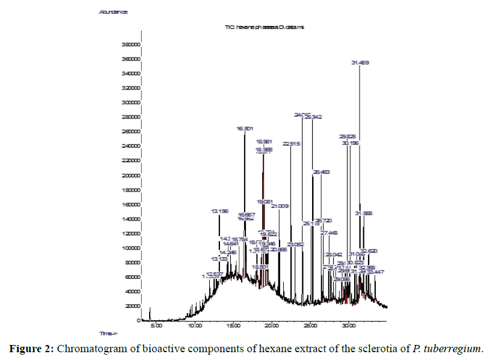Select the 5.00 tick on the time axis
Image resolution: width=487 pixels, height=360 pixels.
[x=156, y=326]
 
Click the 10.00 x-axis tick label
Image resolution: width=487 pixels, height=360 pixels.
[x=195, y=326]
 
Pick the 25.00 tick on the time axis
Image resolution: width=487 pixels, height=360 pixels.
[x=310, y=326]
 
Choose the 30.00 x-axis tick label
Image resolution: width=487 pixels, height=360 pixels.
[x=349, y=326]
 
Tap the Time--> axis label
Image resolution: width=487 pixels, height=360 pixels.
[x=108, y=333]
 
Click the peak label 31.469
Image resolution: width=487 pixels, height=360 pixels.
[x=360, y=62]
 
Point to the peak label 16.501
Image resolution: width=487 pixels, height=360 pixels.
[x=245, y=129]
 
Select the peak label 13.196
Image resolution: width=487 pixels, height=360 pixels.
[x=219, y=211]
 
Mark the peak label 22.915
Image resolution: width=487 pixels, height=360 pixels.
[x=290, y=144]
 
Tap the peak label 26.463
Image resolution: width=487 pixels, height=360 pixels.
[x=321, y=172]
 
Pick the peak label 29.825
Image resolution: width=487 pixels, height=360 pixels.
[x=348, y=136]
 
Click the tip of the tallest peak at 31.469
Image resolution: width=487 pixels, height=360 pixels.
[x=360, y=66]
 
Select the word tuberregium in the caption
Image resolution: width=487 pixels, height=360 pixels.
[x=452, y=349]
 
